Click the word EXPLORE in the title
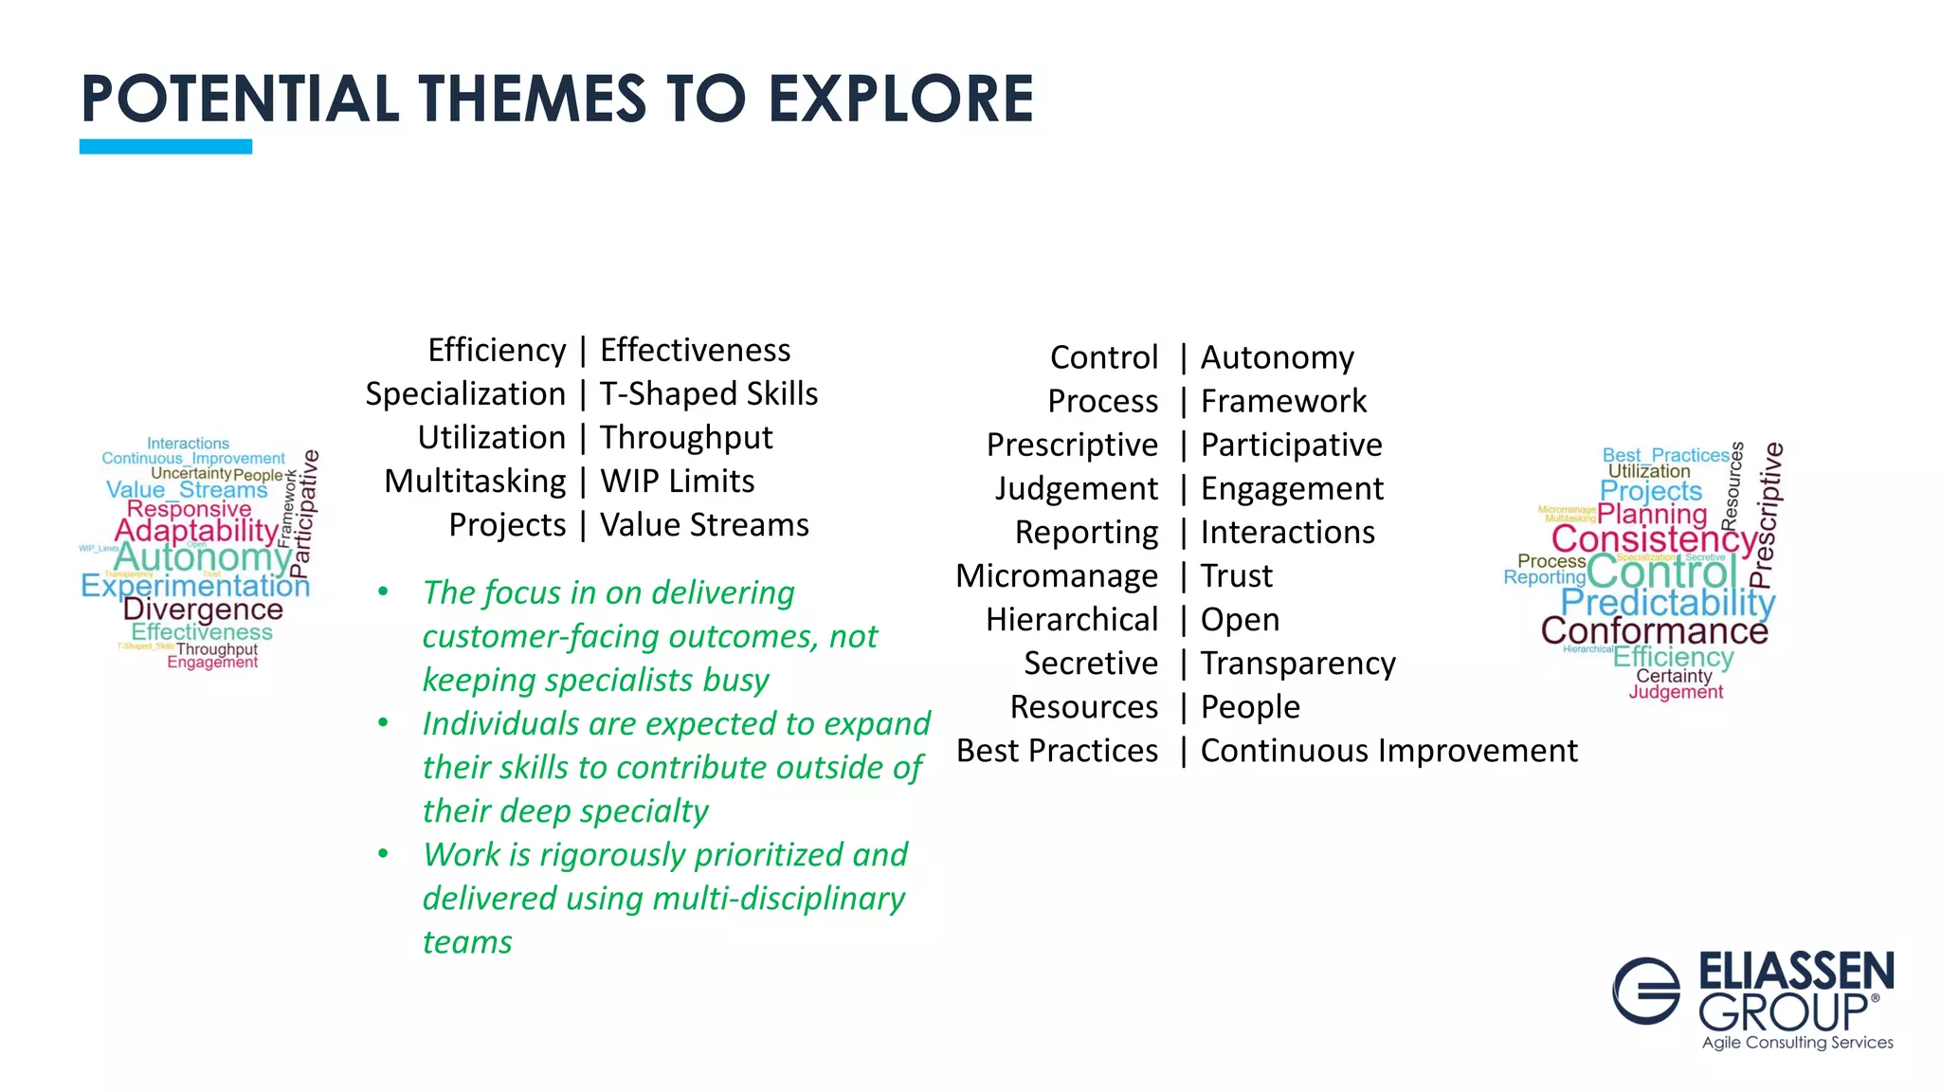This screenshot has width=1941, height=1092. point(899,100)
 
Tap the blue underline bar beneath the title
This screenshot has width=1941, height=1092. point(166,146)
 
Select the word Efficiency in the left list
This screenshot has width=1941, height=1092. point(497,350)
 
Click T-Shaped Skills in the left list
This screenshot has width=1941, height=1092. point(709,393)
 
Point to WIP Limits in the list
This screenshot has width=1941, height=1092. point(677,481)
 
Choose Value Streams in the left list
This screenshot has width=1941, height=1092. point(704,524)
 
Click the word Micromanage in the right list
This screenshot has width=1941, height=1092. point(1057,575)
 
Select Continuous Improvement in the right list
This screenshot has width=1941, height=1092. point(1388,750)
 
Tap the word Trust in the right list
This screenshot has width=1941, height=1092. point(1237,575)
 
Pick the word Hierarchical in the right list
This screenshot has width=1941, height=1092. point(1072,619)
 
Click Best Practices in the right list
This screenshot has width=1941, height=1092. point(1057,750)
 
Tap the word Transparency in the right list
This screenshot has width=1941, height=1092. point(1297,663)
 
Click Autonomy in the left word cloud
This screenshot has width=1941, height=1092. point(203,557)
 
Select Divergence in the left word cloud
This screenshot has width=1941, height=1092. point(203,610)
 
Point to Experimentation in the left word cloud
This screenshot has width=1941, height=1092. point(195,585)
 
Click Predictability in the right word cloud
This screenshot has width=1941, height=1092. point(1667,602)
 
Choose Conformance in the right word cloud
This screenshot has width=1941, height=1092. point(1654,630)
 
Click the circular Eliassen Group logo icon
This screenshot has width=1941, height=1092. point(1646,991)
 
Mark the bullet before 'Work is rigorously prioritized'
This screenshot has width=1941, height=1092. point(383,854)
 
